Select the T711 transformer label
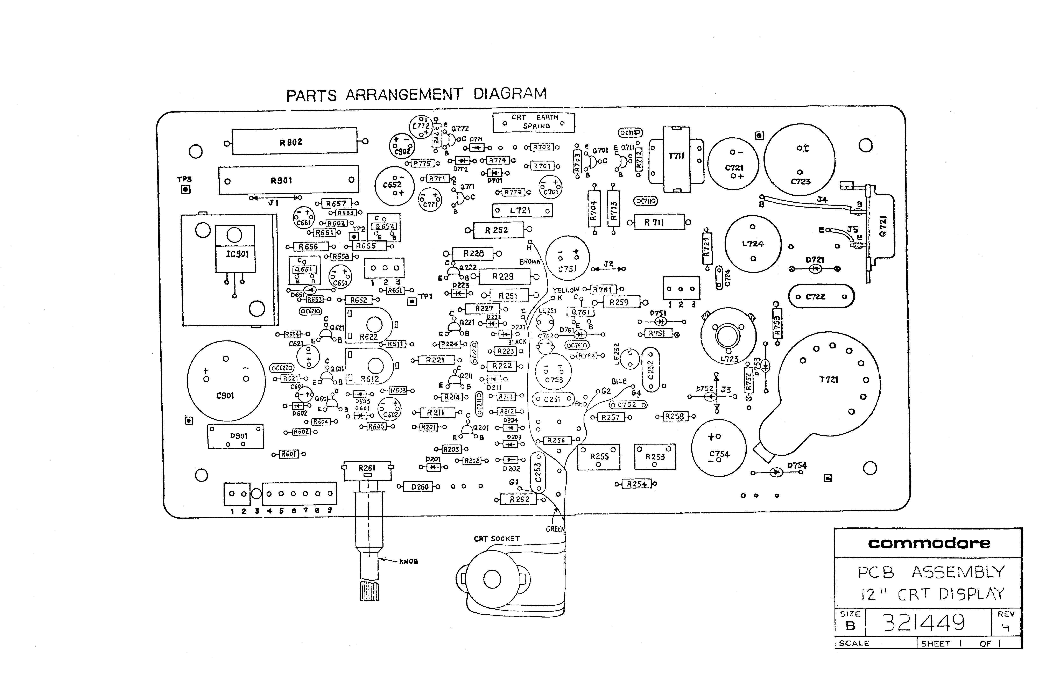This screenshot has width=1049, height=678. [676, 156]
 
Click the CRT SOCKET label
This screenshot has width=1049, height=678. [497, 539]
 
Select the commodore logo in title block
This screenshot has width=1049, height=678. [929, 543]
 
